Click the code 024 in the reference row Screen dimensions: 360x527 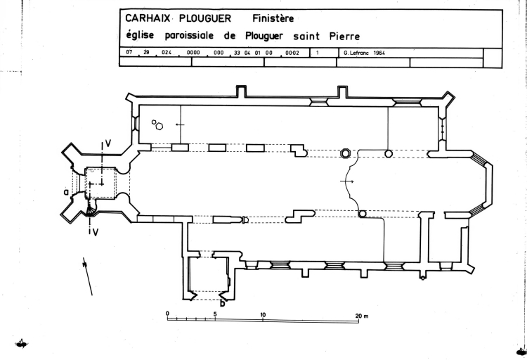click(166, 53)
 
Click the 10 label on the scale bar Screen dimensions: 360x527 click(263, 314)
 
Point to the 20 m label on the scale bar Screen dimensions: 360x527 click(361, 315)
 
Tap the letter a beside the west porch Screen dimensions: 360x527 click(65, 191)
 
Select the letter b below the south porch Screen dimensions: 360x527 click(222, 304)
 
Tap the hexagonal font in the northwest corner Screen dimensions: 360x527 click(160, 127)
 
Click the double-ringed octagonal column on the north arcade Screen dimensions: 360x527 click(346, 153)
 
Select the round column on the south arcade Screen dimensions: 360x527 click(363, 214)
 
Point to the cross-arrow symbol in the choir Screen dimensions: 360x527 click(346, 181)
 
